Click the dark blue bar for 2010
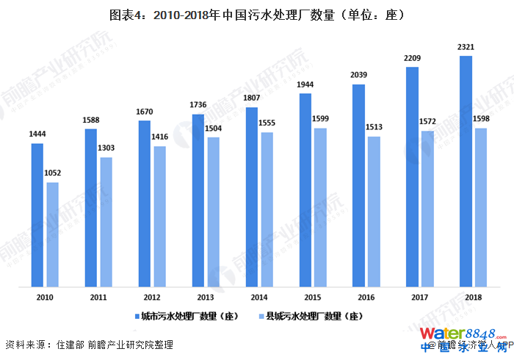click(37, 215)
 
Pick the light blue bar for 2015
click(320, 207)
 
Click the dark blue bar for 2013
click(198, 200)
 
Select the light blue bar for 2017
click(427, 209)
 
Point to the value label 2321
click(466, 47)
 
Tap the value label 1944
click(305, 85)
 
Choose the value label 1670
click(145, 112)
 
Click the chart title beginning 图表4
click(256, 14)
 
